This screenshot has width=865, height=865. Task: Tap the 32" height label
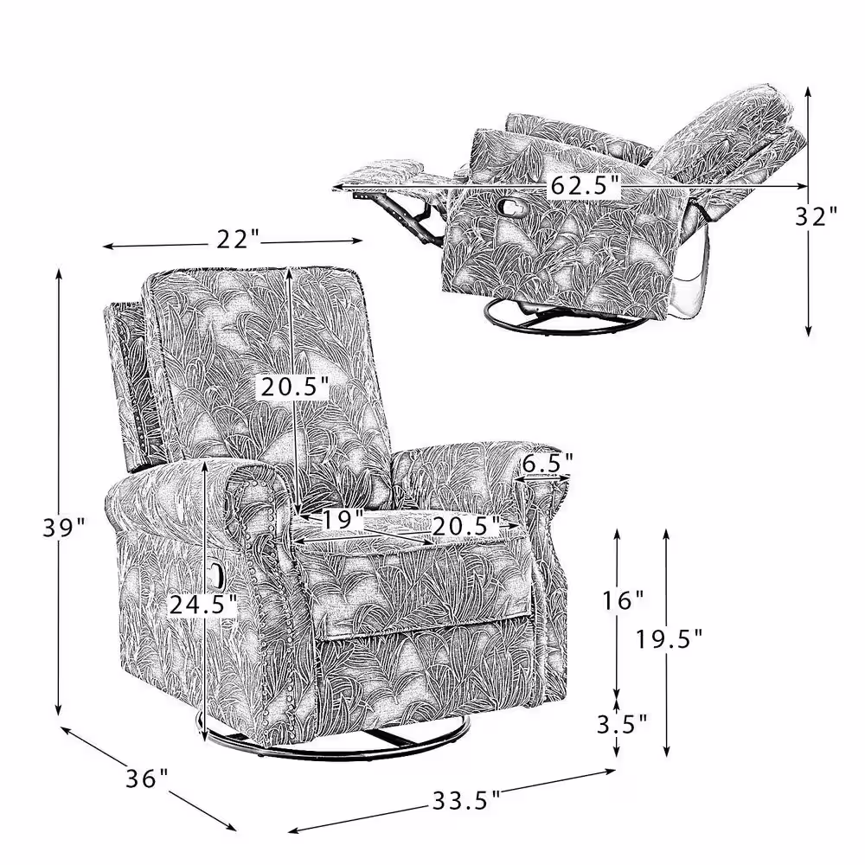pyautogui.click(x=817, y=216)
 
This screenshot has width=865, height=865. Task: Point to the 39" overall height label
pyautogui.click(x=65, y=528)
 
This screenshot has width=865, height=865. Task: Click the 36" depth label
pyautogui.click(x=147, y=779)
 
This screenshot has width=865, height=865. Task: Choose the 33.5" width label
pyautogui.click(x=466, y=800)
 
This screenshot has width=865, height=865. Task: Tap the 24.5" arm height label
pyautogui.click(x=203, y=605)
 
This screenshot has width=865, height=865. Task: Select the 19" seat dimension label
pyautogui.click(x=343, y=520)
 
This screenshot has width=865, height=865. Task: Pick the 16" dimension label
pyautogui.click(x=623, y=600)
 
